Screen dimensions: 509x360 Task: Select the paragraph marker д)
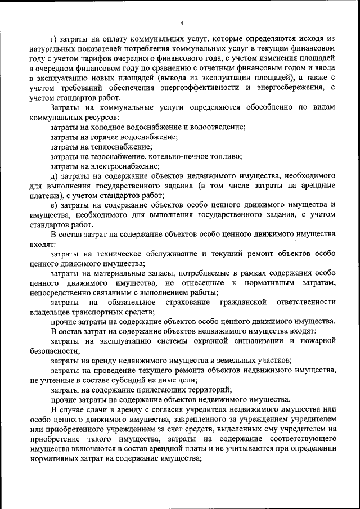(x=54, y=175)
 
